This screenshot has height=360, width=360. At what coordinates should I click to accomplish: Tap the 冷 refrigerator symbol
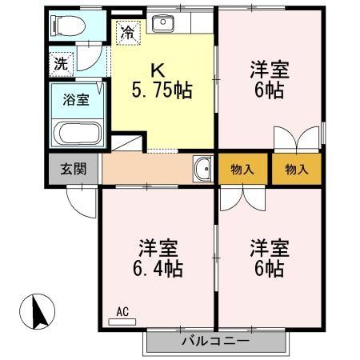[128, 32]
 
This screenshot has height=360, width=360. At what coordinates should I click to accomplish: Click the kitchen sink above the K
[162, 22]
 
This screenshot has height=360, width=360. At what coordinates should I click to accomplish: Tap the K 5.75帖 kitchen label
[162, 81]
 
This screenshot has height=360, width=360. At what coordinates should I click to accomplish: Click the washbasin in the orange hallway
[202, 169]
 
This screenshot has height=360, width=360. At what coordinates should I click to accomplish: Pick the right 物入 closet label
[296, 170]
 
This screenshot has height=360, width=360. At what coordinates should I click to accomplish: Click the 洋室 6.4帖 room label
[157, 258]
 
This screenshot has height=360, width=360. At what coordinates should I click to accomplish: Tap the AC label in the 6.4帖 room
[122, 311]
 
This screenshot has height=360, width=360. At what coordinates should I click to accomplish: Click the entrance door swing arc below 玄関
[80, 200]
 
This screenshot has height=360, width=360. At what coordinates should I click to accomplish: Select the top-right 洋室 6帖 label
[268, 78]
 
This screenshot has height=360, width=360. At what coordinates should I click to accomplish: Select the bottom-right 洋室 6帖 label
[268, 258]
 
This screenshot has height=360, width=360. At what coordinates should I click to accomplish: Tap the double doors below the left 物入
[242, 198]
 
